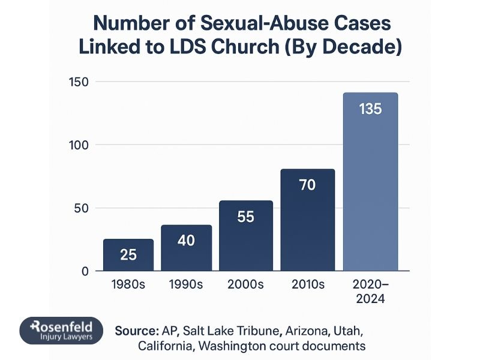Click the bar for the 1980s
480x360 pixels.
[128, 255]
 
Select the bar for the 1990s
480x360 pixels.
[186, 248]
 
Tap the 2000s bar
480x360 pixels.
[245, 236]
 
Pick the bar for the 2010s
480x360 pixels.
[308, 220]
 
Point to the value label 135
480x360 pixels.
[370, 110]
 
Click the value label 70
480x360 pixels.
[307, 185]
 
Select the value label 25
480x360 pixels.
[128, 254]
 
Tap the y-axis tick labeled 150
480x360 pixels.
[79, 82]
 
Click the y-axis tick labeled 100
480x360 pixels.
[79, 145]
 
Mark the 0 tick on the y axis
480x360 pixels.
[85, 271]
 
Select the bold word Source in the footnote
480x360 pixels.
[135, 331]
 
